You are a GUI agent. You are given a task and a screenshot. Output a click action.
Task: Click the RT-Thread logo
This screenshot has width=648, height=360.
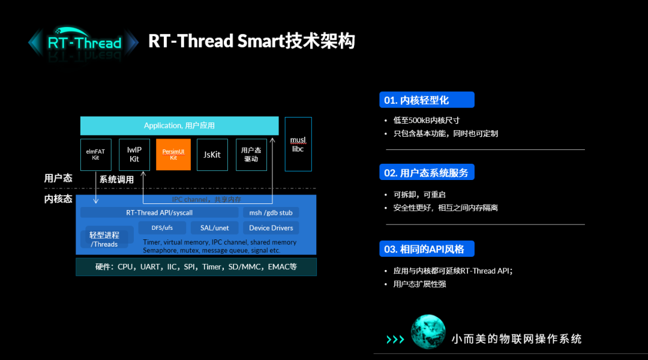(84, 43)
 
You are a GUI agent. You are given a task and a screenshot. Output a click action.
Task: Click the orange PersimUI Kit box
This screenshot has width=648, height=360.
(173, 155)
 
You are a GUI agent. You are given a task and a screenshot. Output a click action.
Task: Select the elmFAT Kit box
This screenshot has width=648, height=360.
(96, 155)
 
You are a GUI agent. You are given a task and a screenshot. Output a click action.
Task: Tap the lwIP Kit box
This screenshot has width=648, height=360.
(134, 155)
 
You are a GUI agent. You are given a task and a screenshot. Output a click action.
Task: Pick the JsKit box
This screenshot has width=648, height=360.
(212, 155)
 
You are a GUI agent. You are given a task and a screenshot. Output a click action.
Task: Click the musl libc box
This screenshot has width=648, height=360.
(298, 145)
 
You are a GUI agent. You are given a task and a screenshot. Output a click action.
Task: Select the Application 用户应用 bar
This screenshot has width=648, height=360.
(179, 125)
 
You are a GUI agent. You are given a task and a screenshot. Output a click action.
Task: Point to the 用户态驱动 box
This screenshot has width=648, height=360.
(251, 155)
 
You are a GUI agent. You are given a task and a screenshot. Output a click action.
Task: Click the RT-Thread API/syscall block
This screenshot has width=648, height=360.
(159, 212)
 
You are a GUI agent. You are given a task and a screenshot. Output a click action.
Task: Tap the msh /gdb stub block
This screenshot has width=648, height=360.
(271, 212)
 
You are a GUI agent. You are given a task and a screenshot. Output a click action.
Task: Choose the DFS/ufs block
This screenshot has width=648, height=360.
(162, 228)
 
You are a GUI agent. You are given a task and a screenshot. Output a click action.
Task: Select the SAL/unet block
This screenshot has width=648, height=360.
(214, 228)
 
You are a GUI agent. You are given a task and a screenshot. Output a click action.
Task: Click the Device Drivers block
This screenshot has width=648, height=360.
(271, 228)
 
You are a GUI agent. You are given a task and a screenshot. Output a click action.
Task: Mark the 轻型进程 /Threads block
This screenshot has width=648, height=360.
(105, 239)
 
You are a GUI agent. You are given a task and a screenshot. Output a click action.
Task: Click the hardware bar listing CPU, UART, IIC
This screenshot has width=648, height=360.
(196, 267)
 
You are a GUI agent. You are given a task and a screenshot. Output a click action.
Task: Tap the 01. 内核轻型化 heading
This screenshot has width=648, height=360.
(426, 100)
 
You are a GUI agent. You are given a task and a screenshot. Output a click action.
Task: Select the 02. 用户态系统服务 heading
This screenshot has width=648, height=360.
(427, 172)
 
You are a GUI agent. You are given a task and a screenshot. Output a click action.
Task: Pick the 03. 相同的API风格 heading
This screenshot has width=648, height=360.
(427, 248)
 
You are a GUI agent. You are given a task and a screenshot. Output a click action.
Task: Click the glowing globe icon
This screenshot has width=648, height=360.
(428, 332)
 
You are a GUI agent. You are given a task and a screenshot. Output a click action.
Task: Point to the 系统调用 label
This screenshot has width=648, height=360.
(116, 179)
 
